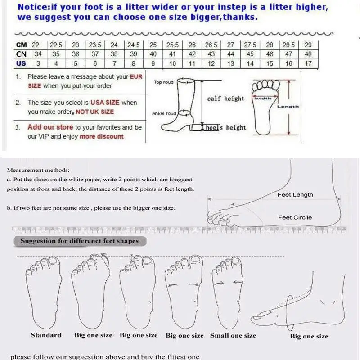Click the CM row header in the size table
21,45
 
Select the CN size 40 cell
153,54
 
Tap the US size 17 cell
308,63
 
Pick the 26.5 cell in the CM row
211,45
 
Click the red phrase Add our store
50,127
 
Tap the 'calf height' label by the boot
225,99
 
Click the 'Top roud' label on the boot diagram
163,82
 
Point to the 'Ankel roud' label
164,114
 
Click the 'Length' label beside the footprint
288,107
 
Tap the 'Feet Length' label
295,195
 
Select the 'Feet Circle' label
295,217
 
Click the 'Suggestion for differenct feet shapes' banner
79,241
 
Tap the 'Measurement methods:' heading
38,170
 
